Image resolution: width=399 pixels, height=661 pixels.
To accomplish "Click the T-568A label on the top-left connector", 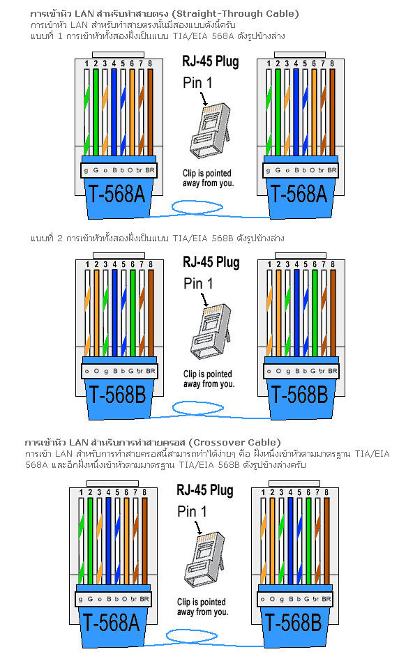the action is coord(116,195).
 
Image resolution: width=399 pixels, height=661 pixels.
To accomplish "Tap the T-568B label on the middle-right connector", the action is coord(299,395).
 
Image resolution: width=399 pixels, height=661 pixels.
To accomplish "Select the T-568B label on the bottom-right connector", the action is coord(293,623).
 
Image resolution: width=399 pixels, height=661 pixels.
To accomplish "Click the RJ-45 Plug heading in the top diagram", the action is coord(211,61).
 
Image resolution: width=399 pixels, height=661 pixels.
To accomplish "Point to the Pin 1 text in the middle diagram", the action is coord(198,283).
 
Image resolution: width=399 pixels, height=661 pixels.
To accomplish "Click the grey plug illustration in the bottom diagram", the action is coord(204,559).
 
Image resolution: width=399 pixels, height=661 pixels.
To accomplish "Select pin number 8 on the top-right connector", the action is coord(332,63).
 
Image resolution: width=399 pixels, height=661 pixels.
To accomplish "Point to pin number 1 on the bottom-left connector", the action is coord(81,492).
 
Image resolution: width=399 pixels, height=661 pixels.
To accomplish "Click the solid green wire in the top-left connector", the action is coord(96,112).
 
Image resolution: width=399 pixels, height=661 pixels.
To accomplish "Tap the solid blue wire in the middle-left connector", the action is coord(114,313).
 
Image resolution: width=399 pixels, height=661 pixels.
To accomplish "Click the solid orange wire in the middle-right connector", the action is coord(278,313).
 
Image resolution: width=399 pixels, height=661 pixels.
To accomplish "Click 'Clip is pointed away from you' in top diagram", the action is coord(208,178).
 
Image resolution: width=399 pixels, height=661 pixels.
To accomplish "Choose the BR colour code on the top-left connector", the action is coord(150,170).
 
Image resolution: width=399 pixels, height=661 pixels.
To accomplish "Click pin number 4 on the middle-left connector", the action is coord(114,264).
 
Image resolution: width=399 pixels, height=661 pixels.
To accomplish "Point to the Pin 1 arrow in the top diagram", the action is coord(204,99).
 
